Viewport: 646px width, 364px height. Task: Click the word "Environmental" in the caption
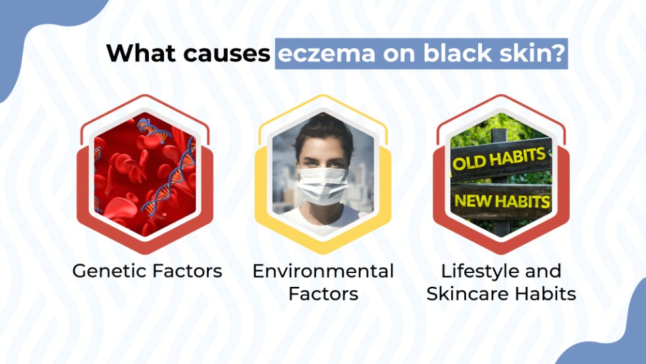click(x=323, y=271)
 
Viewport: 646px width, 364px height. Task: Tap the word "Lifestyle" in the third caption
click(x=473, y=271)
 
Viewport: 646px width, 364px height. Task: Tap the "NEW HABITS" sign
click(x=503, y=199)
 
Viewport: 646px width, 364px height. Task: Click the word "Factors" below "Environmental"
click(x=323, y=293)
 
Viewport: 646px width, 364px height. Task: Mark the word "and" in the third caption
click(x=542, y=271)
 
